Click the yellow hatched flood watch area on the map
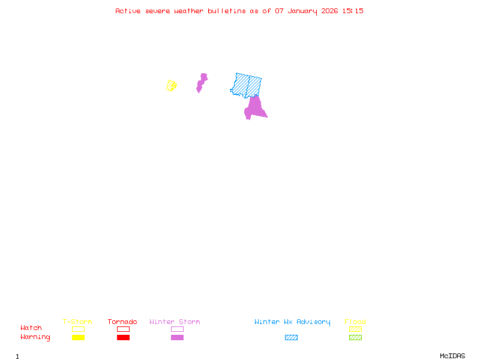click(x=171, y=86)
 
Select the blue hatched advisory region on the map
click(x=247, y=85)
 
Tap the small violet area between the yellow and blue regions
click(x=202, y=82)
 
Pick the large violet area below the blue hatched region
click(x=254, y=108)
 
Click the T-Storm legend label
click(x=77, y=322)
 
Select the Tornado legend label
click(x=122, y=322)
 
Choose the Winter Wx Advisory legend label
click(x=292, y=322)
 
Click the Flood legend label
click(x=355, y=322)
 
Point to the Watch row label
click(x=31, y=328)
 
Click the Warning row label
click(x=35, y=337)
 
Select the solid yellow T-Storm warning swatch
click(x=78, y=337)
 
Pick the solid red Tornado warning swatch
click(x=123, y=337)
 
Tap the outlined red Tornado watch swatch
click(x=123, y=329)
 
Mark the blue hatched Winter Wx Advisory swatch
click(x=291, y=337)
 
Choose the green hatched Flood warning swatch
click(x=355, y=337)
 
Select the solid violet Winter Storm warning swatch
click(x=177, y=337)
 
